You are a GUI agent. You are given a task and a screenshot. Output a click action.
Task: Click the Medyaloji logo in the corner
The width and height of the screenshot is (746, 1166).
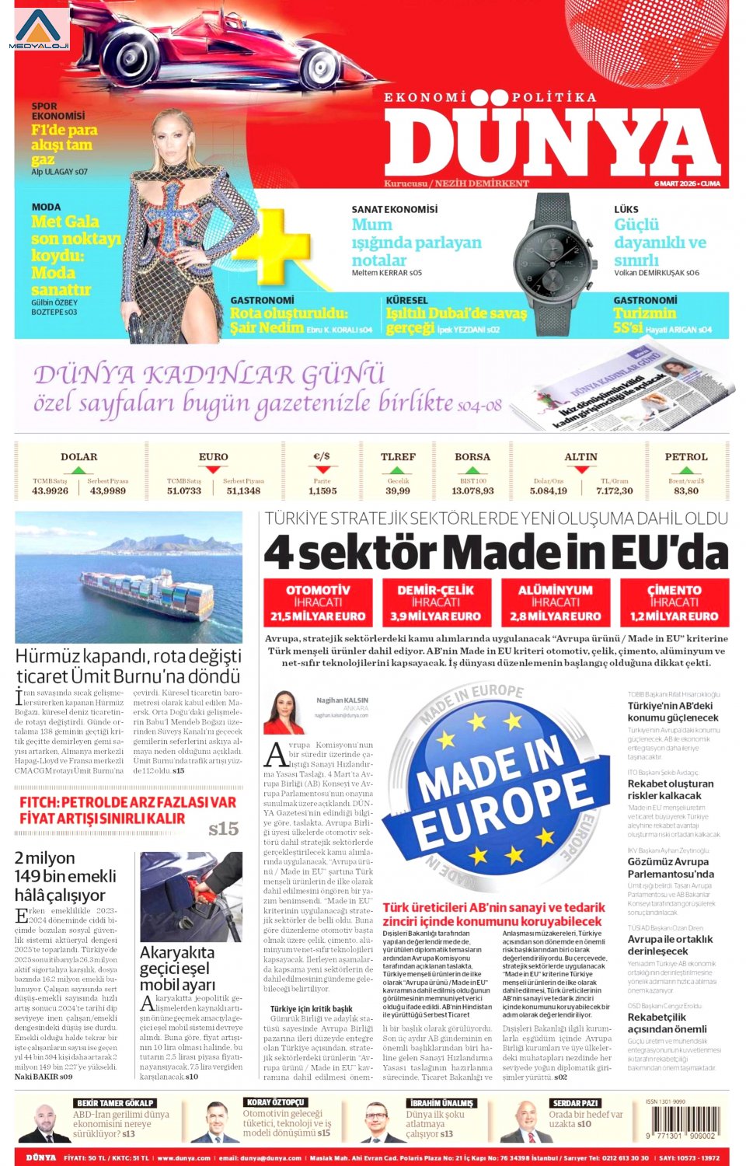click(39, 30)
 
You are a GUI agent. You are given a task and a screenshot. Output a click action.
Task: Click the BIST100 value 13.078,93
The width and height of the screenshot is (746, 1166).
click(472, 490)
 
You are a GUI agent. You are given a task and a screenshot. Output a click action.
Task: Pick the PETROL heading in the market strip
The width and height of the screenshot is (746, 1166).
click(685, 457)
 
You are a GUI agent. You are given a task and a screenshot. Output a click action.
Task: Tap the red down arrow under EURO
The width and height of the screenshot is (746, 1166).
click(212, 470)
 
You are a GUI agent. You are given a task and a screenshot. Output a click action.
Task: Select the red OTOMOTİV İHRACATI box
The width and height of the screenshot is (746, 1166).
click(319, 602)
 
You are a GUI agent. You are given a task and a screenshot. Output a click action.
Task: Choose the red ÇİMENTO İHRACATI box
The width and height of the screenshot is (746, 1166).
click(674, 602)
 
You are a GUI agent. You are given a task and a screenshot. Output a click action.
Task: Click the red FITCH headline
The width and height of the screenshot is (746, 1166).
click(128, 810)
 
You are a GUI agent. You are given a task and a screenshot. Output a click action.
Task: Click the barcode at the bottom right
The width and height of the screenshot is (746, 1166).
click(686, 1122)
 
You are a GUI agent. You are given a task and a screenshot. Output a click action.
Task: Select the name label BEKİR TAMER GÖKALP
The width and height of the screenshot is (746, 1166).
click(115, 1102)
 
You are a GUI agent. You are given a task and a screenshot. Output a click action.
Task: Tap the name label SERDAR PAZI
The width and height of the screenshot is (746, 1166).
click(575, 1102)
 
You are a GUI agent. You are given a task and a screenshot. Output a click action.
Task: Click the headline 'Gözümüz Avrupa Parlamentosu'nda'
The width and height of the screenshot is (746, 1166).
click(671, 868)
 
